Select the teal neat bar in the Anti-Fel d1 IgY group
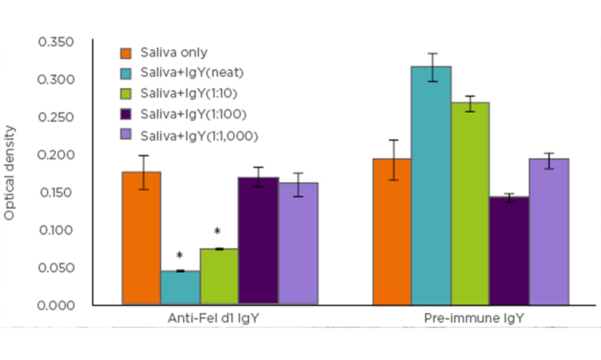[180, 287]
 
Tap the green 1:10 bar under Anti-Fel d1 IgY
[219, 276]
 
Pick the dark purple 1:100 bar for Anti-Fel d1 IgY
[258, 241]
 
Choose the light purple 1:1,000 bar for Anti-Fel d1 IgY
[298, 243]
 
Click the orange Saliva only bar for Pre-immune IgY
[392, 231]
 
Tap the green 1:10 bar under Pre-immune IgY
[470, 203]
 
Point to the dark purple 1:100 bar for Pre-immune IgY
[509, 250]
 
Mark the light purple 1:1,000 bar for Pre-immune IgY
[549, 231]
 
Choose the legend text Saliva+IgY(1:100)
[193, 114]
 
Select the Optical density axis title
[10, 173]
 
